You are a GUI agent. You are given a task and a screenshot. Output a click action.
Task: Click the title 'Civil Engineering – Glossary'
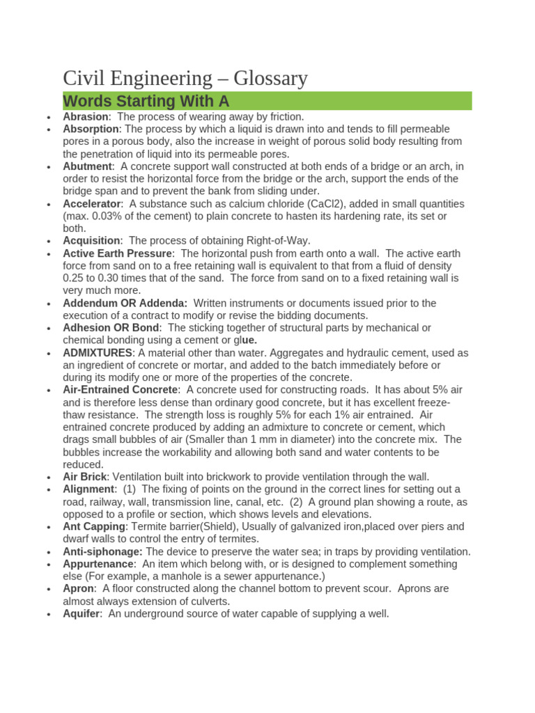185,78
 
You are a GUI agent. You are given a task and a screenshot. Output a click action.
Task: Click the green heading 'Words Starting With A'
146,101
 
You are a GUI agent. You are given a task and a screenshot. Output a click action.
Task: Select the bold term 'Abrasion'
86,117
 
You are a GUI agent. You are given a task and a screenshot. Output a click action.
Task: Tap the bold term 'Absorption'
91,130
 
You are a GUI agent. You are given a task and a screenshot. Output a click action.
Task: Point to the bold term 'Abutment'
87,166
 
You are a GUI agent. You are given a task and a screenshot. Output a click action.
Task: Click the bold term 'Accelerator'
92,204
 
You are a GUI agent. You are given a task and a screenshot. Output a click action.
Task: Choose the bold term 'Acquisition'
91,241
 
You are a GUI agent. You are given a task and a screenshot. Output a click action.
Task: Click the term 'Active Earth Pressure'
117,253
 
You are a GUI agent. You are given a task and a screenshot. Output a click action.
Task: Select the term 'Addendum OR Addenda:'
125,304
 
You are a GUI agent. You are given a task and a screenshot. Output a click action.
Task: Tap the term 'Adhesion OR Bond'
111,328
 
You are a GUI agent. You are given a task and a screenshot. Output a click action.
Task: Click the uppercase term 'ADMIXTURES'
97,353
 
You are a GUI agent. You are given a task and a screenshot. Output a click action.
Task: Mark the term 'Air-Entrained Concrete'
121,390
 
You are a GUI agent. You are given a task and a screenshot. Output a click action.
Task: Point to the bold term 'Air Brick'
85,477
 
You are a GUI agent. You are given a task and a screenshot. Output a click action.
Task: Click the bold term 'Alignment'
89,489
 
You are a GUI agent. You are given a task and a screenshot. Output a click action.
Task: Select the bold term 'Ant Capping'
94,527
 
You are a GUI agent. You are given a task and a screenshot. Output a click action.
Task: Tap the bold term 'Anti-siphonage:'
102,551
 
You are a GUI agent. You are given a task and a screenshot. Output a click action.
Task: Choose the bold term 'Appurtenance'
98,564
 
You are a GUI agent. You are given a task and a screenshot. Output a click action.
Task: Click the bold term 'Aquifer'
82,613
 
